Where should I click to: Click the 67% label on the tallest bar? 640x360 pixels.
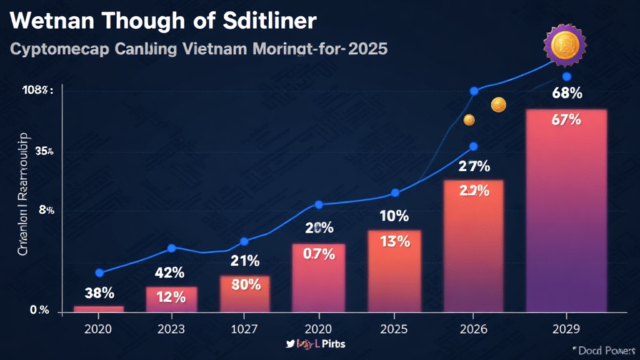[x=566, y=121]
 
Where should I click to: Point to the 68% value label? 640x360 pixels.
[x=567, y=94]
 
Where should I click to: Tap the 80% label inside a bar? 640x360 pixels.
[x=245, y=284]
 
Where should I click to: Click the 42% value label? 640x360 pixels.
[x=169, y=272]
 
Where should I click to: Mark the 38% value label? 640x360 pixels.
[x=99, y=292]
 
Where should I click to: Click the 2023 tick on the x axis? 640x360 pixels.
[x=171, y=328]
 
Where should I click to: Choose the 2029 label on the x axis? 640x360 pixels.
[x=566, y=328]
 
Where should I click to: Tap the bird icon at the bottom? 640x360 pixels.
[x=289, y=344]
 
